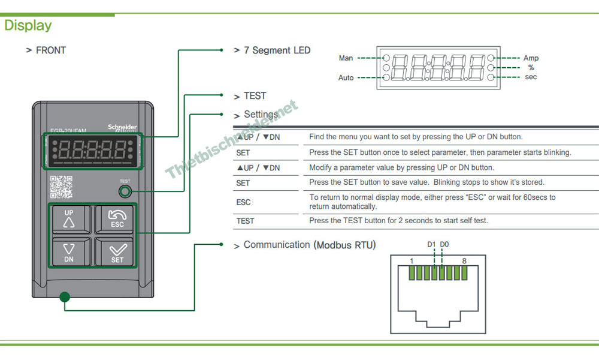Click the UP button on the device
69,220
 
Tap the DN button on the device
69,252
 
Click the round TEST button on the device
125,191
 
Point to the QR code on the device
61,187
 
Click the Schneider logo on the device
122,128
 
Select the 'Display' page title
28,25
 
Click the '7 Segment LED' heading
277,50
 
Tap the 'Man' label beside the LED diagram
346,58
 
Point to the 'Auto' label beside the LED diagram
346,78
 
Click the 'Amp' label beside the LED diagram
531,58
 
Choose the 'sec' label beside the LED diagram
531,77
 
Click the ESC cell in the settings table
243,202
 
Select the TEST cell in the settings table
245,221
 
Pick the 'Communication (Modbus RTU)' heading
310,245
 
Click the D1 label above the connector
431,244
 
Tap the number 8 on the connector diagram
464,261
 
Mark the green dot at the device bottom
65,296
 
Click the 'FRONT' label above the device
50,50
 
